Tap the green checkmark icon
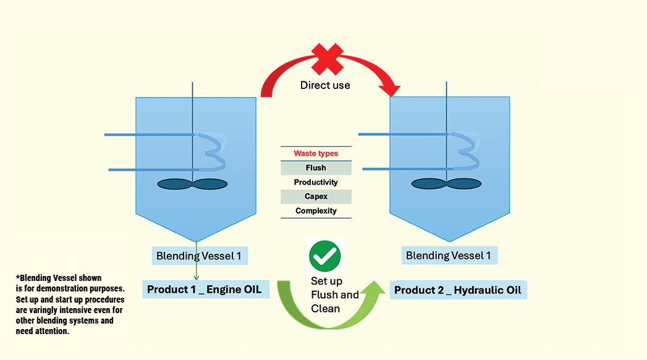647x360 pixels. (325, 256)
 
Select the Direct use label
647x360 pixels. (325, 85)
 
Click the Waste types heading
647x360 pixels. (316, 153)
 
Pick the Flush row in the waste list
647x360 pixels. (316, 168)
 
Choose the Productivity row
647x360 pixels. (316, 182)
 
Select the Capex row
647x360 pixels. (316, 196)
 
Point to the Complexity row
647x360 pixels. (316, 211)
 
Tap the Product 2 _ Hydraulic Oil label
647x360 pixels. (458, 290)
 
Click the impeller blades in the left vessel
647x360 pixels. (193, 183)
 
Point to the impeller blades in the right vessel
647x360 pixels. (446, 183)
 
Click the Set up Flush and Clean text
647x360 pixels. (334, 295)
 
